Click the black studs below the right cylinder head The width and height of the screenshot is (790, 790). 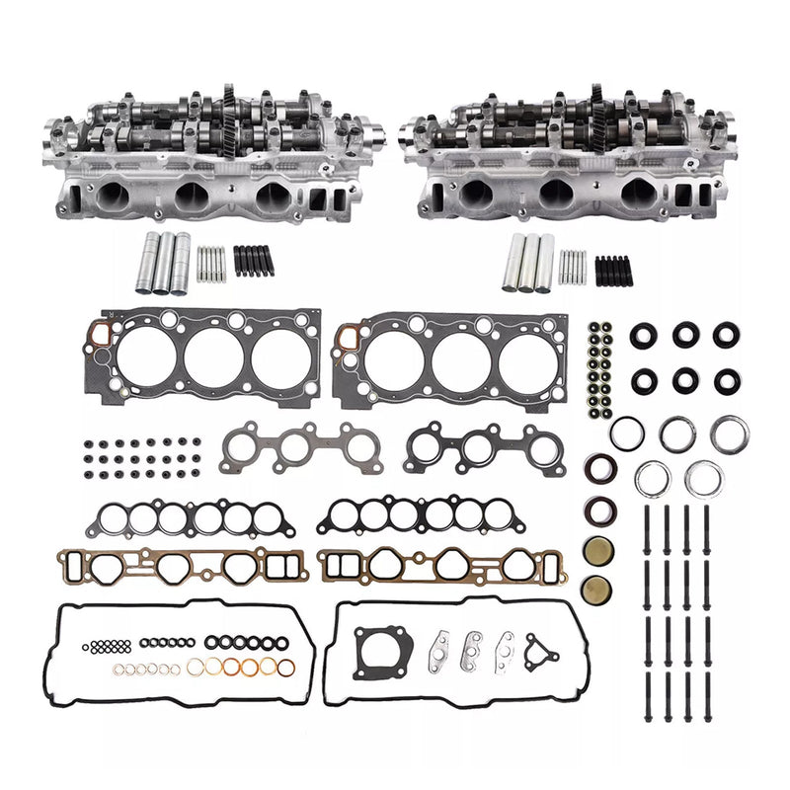pyautogui.click(x=610, y=269)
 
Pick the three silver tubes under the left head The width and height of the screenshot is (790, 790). pyautogui.click(x=164, y=263)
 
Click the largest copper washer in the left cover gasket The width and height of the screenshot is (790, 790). pyautogui.click(x=283, y=668)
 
